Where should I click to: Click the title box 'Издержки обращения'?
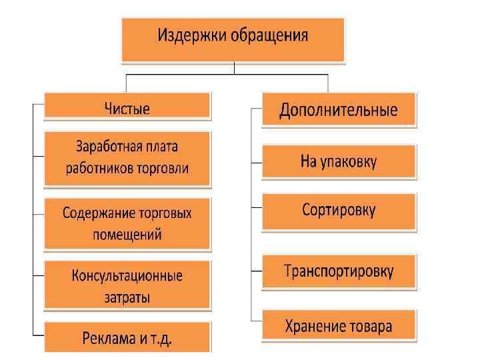coord(233,40)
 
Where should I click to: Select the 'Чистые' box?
coord(127,107)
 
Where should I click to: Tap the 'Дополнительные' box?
coord(338,109)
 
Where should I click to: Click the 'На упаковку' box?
coord(338,161)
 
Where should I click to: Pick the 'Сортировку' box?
coord(338,211)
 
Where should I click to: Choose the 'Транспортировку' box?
coord(338,271)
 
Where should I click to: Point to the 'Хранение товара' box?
coord(338,326)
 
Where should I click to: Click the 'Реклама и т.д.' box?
coord(127,337)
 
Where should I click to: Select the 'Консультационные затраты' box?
coord(127,285)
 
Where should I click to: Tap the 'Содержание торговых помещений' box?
coord(127,223)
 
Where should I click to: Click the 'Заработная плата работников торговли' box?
coord(127,157)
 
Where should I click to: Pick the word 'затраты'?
coord(127,297)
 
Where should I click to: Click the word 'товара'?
coord(369,326)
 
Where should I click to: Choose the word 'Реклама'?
coord(108,337)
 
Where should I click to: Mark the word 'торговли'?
coord(163,168)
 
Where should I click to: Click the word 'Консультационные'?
coord(127,275)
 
